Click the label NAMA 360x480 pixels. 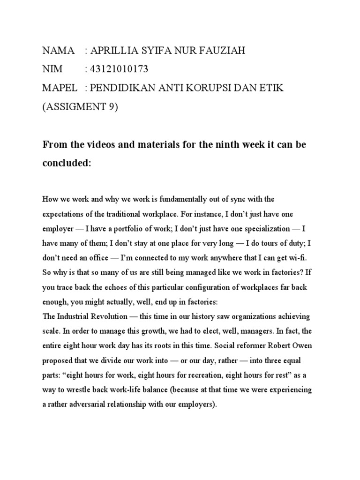pyautogui.click(x=59, y=50)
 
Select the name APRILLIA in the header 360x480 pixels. pyautogui.click(x=113, y=50)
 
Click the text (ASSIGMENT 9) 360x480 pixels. pyautogui.click(x=80, y=107)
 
